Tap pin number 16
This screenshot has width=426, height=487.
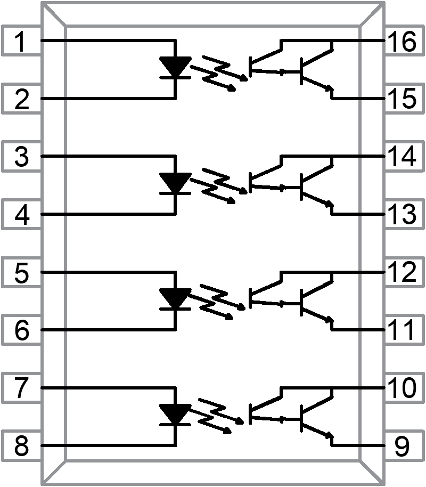pyautogui.click(x=402, y=42)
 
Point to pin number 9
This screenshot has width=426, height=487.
pyautogui.click(x=402, y=445)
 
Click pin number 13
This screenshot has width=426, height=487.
pyautogui.click(x=402, y=215)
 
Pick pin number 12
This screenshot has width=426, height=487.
pyautogui.click(x=402, y=273)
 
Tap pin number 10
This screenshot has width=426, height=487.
pyautogui.click(x=402, y=388)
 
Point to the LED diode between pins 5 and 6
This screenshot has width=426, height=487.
pyautogui.click(x=175, y=299)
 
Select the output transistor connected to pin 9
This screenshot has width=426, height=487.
pyautogui.click(x=314, y=419)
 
